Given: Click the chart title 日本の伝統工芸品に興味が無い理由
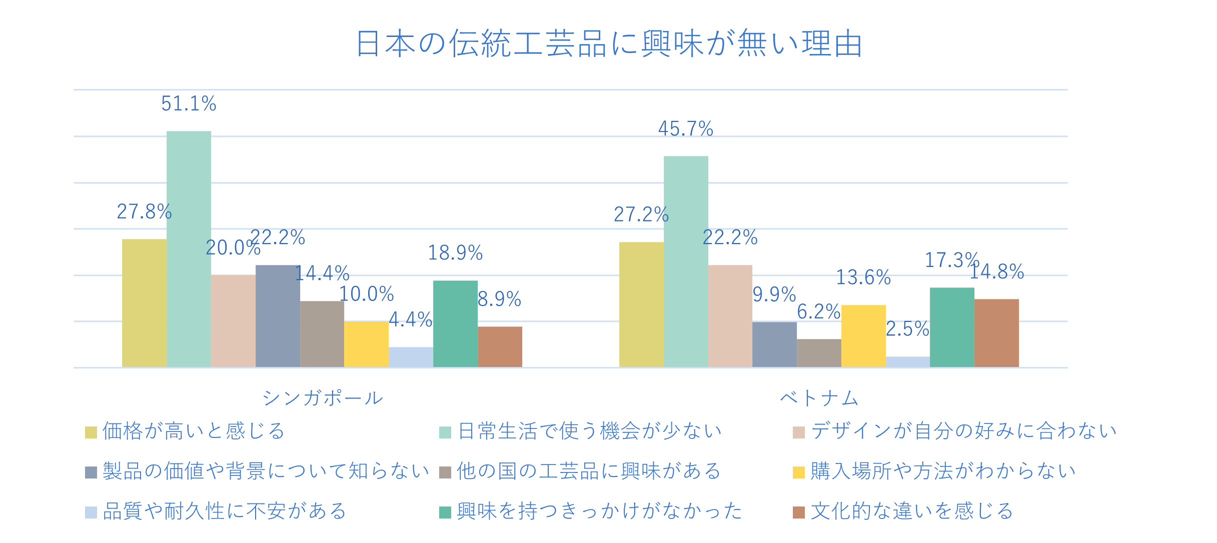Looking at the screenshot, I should pos(609,44).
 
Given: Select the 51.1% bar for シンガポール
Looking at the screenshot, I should pos(189,249).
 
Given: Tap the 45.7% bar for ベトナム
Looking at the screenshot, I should pos(686,261).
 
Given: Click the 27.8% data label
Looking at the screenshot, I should pos(144,212).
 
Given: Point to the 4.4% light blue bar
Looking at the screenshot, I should pos(411,357).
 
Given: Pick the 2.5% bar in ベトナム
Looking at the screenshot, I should pos(908,361).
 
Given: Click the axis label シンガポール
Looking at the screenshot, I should pos(323,398).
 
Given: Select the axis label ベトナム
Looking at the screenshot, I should pos(819,398).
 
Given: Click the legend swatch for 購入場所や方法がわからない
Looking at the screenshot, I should pos(799,472).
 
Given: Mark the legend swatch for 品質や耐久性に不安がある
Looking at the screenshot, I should pos(91,512).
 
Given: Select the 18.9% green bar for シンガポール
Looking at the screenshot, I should pos(455,323).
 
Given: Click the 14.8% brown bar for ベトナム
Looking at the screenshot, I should pos(996,333).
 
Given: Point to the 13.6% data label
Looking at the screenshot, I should pos(863,277).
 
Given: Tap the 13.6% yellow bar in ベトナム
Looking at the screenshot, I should pos(863,336).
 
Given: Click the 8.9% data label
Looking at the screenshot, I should pos(499,299).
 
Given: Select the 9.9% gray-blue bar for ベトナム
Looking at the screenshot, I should pos(774,344).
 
